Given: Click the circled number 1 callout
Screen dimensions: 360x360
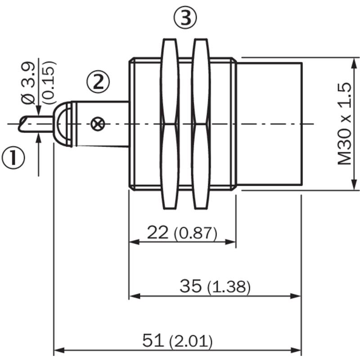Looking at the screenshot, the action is click(13, 158).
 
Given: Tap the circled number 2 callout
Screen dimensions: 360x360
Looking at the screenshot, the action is click(98, 82).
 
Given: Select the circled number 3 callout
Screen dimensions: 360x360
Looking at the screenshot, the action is click(185, 18).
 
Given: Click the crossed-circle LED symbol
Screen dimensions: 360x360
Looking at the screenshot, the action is click(98, 124).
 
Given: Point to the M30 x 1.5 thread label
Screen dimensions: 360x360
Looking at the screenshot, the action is click(344, 124).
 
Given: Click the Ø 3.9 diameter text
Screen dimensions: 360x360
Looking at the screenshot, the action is click(28, 83).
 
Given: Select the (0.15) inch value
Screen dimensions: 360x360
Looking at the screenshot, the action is click(49, 83).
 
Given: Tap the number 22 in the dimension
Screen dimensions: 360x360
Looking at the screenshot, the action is click(158, 232).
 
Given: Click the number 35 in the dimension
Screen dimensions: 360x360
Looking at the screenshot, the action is click(190, 286).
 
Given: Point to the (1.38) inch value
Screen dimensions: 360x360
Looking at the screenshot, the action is click(229, 287).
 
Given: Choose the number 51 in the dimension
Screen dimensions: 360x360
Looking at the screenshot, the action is click(153, 340).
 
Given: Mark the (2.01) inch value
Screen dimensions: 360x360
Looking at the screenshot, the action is click(191, 341).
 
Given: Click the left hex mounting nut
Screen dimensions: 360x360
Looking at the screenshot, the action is click(170, 124).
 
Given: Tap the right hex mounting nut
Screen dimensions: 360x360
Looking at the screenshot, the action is click(201, 124).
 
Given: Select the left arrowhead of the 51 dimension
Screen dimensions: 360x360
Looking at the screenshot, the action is click(58, 351).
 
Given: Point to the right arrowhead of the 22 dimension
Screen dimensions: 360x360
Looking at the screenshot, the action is click(230, 242).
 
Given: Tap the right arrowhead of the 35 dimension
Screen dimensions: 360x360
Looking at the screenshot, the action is click(296, 296).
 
